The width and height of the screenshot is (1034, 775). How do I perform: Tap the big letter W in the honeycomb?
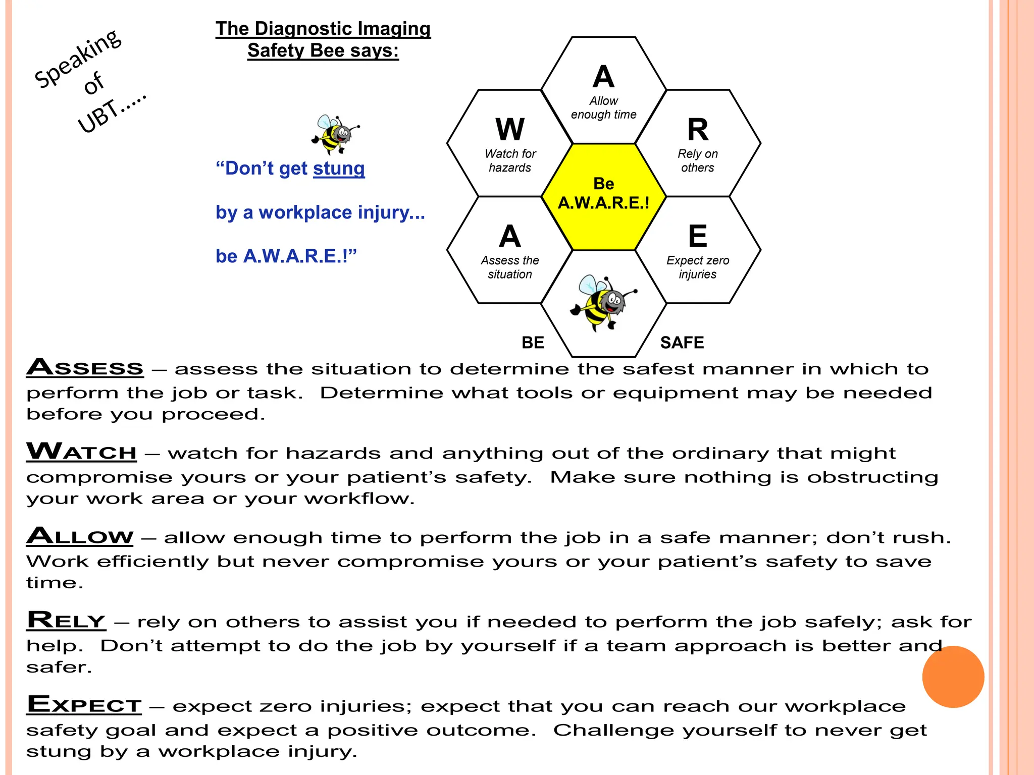(510, 130)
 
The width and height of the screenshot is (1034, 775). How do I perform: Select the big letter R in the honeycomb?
(698, 130)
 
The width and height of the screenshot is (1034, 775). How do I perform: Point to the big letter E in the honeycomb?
(698, 236)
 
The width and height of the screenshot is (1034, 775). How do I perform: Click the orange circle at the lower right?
(953, 677)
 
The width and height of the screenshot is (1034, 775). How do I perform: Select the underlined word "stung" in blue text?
(339, 169)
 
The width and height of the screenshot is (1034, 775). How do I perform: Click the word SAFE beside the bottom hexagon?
(682, 343)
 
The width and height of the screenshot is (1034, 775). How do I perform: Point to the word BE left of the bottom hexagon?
(533, 343)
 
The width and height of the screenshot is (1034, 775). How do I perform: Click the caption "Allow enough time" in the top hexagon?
(603, 108)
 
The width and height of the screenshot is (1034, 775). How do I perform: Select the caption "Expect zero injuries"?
(698, 267)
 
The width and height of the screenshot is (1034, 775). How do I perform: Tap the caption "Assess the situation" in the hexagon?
(510, 267)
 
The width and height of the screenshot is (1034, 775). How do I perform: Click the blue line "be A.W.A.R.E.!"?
(286, 256)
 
